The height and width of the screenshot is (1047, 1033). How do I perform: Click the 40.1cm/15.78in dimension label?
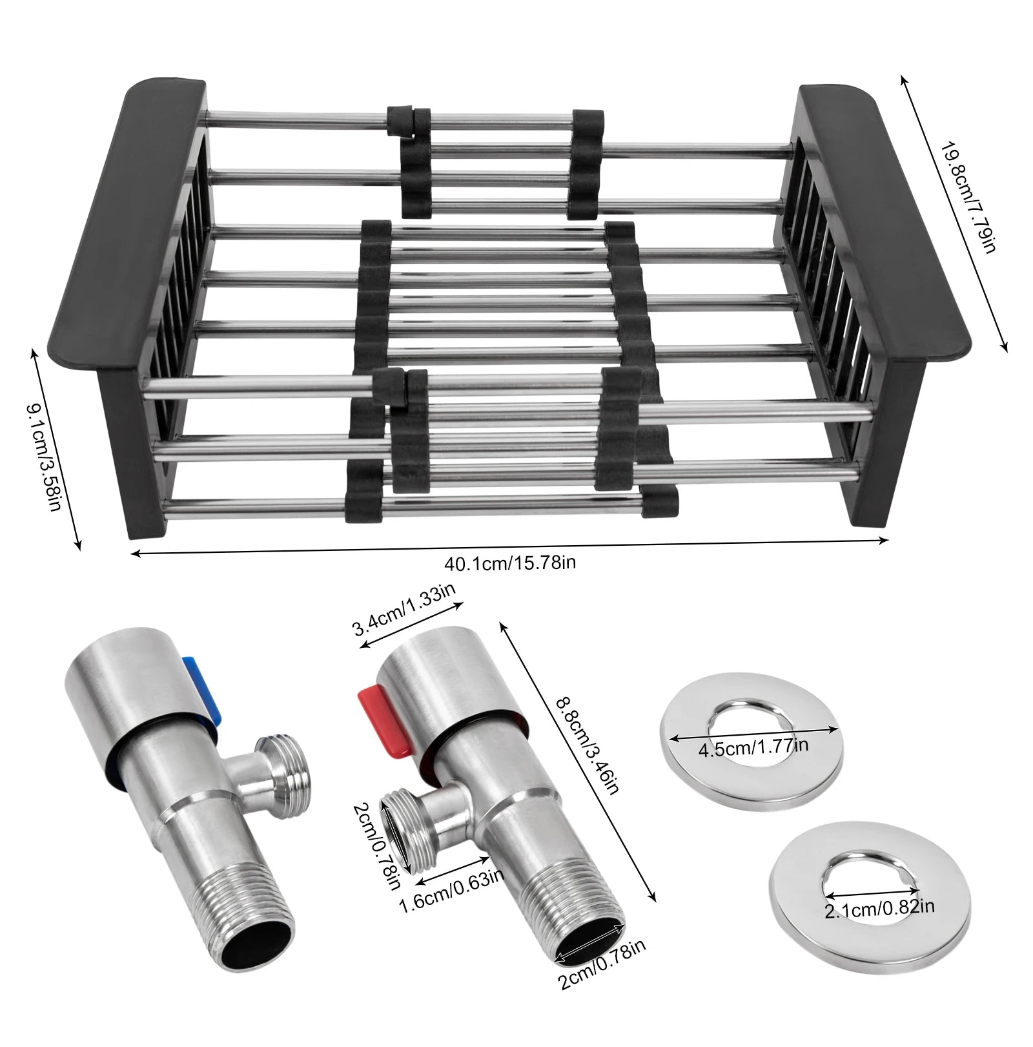click(x=510, y=562)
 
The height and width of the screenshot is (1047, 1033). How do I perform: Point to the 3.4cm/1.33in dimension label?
click(x=404, y=609)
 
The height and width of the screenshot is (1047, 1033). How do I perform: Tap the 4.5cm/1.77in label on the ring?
click(x=753, y=747)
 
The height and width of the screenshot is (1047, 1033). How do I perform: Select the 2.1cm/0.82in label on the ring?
click(x=879, y=909)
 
